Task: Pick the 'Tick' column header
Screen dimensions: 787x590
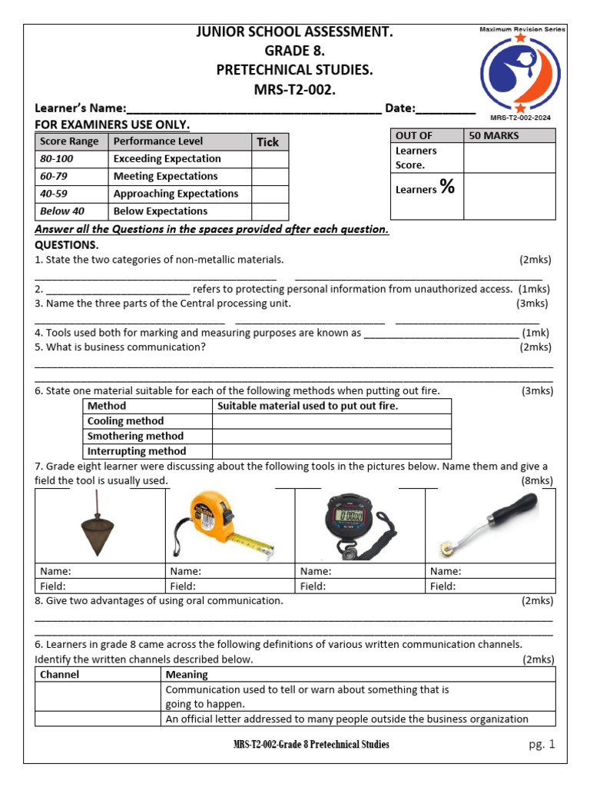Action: click(x=267, y=142)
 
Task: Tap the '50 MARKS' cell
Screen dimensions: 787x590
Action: click(x=493, y=136)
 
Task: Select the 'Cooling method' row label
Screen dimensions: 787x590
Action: click(x=125, y=421)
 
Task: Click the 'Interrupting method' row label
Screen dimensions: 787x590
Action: click(x=137, y=452)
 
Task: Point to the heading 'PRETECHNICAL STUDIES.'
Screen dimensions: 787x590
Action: click(x=295, y=71)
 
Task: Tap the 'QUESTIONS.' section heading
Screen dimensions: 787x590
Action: click(x=67, y=245)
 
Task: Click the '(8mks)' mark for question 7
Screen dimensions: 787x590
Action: click(x=536, y=481)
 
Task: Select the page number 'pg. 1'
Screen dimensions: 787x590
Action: click(x=541, y=744)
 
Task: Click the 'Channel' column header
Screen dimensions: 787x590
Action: click(x=59, y=675)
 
